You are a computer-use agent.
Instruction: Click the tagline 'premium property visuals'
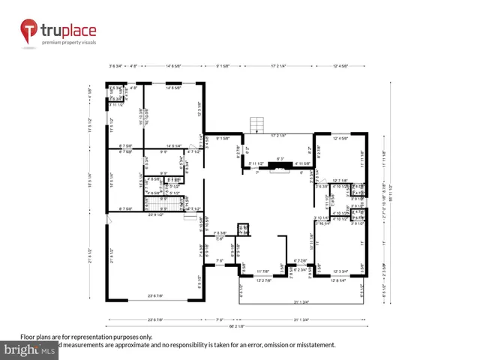69,43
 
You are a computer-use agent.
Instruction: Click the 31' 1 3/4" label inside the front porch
301,301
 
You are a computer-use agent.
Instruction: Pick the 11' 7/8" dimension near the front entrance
263,271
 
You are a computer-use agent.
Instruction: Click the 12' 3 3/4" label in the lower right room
340,271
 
